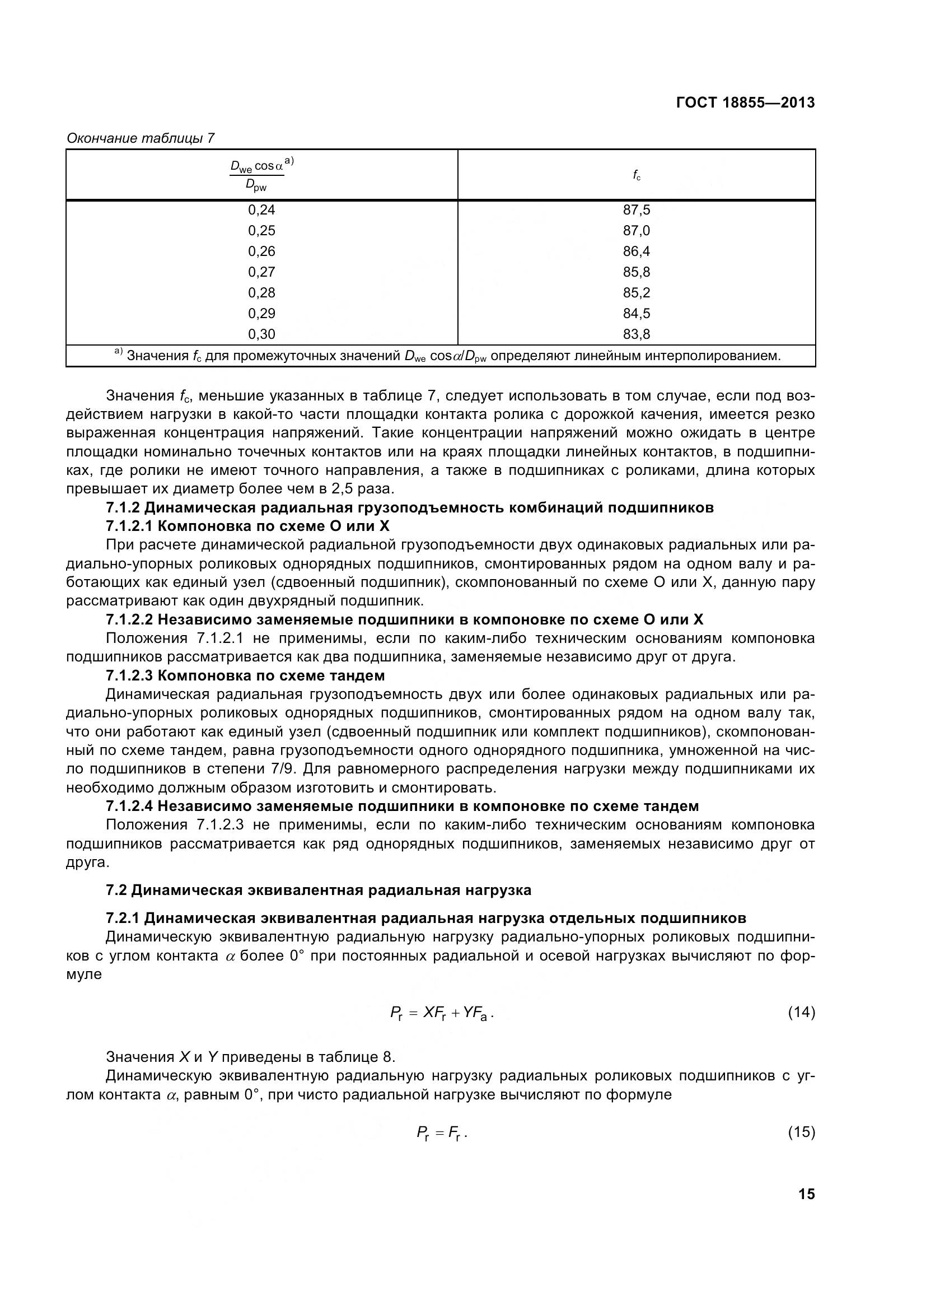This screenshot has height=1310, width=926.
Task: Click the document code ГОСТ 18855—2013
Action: coord(745,102)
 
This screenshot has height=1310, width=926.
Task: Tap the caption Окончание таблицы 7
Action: coord(141,138)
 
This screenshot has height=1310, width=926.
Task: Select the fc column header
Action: coord(637,175)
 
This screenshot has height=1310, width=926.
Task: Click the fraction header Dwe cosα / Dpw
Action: coord(260,175)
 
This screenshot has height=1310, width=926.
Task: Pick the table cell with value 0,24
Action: coord(261,210)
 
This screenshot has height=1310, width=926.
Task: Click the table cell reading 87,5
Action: coord(637,210)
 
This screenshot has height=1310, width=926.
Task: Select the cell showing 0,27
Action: coord(261,272)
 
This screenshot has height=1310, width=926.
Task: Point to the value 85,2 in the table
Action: coord(637,293)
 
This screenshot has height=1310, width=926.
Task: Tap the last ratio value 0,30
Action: coord(261,334)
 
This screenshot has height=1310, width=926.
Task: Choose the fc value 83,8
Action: coord(637,334)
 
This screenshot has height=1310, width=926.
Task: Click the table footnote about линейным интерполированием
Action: coord(448,356)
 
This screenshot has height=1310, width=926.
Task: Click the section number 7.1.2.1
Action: coord(129,525)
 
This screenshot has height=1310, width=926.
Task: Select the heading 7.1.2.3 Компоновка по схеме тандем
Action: coord(245,675)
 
